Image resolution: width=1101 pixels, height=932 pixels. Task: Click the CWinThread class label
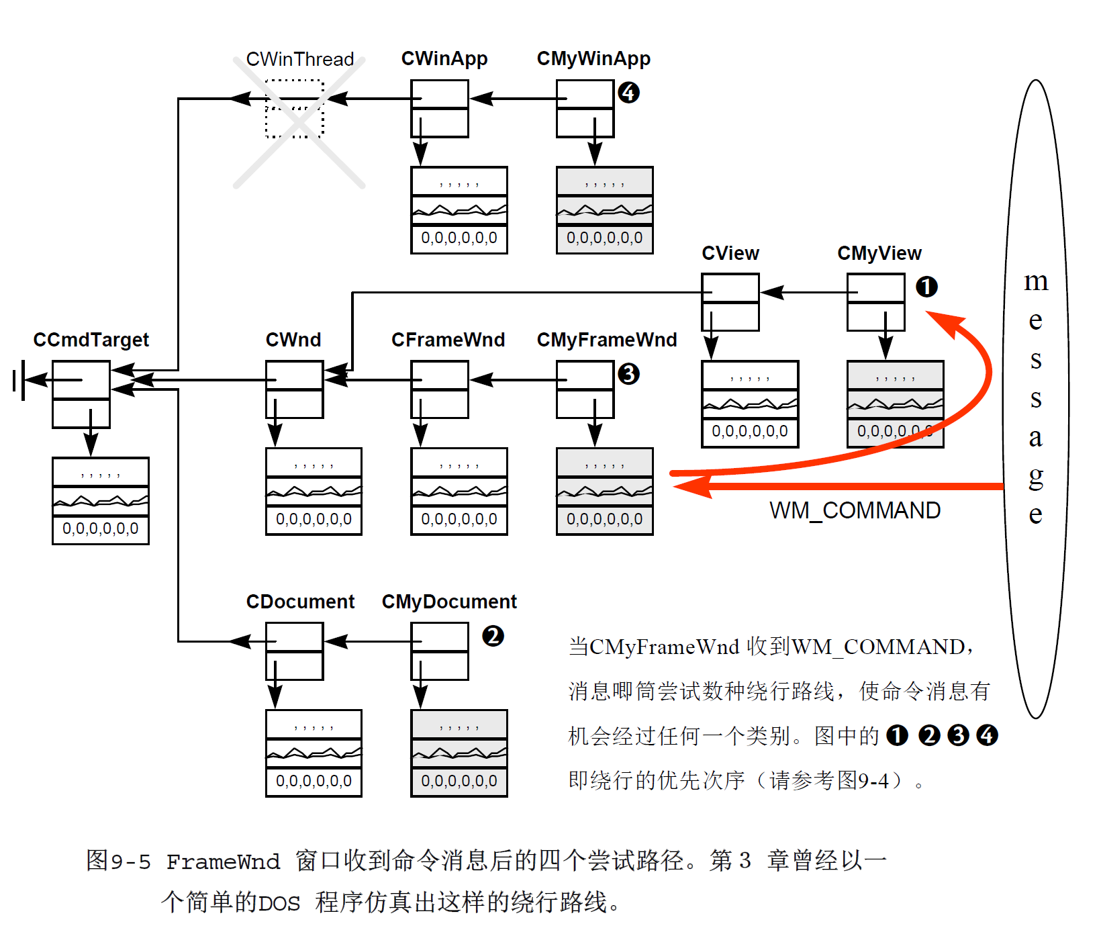[x=299, y=59]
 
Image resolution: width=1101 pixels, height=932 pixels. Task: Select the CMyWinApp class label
[x=593, y=59]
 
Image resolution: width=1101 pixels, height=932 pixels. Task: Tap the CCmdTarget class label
[x=91, y=340]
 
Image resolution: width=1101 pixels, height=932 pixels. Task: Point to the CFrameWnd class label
[x=448, y=340]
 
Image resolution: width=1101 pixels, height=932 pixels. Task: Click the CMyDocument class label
[x=449, y=602]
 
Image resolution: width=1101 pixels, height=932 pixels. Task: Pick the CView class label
[x=730, y=253]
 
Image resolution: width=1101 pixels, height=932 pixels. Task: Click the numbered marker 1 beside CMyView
[x=926, y=287]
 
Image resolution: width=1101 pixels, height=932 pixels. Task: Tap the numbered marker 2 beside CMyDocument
[x=493, y=636]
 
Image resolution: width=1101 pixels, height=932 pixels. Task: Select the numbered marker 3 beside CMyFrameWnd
[x=628, y=374]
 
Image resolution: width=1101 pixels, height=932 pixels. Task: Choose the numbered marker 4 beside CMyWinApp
[x=628, y=93]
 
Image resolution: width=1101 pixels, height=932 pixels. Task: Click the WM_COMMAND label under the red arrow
[x=855, y=510]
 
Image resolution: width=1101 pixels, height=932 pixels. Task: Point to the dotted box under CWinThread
[x=294, y=109]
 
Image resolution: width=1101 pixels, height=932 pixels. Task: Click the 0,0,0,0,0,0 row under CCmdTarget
[x=101, y=529]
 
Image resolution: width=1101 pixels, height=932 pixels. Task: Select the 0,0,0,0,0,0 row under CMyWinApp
[x=604, y=238]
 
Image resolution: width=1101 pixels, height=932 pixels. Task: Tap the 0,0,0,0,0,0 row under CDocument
[x=314, y=782]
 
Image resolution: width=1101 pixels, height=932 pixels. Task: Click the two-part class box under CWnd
[x=294, y=389]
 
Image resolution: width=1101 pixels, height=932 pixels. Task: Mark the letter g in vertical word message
[x=1036, y=477]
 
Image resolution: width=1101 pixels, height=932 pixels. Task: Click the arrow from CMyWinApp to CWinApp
[x=513, y=99]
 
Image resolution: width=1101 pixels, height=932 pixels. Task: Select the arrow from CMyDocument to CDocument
[x=368, y=642]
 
